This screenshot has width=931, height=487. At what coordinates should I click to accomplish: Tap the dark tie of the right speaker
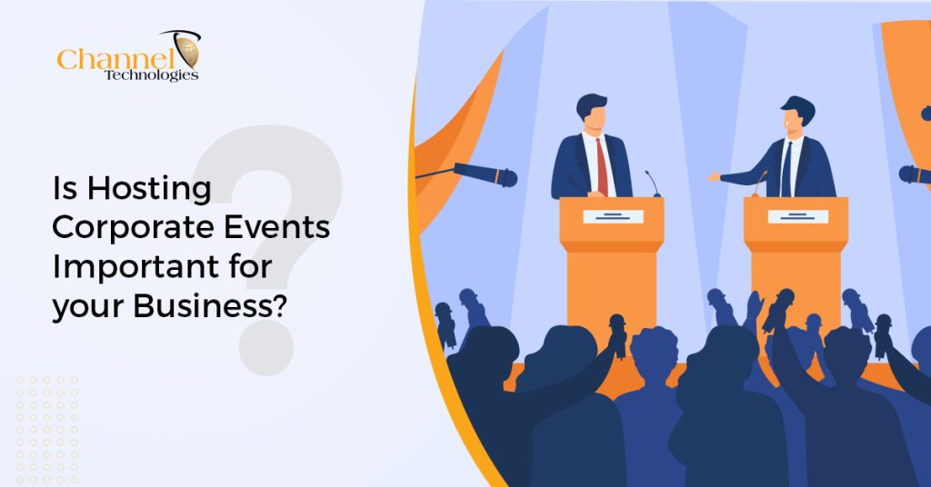(x=786, y=168)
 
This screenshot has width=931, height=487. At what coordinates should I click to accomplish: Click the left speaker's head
(x=592, y=113)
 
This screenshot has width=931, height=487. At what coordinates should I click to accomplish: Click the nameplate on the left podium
(x=613, y=216)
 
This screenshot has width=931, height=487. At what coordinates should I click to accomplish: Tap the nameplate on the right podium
(x=797, y=216)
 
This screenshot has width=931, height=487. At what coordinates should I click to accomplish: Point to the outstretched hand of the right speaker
(x=715, y=176)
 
